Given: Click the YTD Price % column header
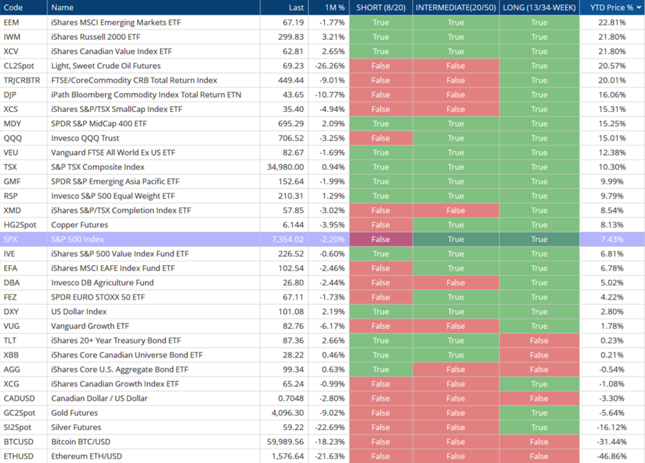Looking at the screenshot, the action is pyautogui.click(x=611, y=7).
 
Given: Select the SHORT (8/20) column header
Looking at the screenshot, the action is pyautogui.click(x=381, y=7).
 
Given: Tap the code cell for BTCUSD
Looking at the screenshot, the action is pyautogui.click(x=19, y=442).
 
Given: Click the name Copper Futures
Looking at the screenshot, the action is pyautogui.click(x=79, y=225).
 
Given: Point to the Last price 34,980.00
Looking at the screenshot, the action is pyautogui.click(x=285, y=167).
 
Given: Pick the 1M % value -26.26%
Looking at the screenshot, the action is pyautogui.click(x=330, y=66).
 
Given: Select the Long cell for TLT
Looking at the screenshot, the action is pyautogui.click(x=539, y=340).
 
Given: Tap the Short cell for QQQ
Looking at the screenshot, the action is pyautogui.click(x=381, y=138).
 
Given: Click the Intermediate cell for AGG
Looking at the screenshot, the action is pyautogui.click(x=456, y=369).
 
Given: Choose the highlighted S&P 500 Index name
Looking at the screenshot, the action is pyautogui.click(x=77, y=239).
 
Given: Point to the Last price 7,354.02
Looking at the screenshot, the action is pyautogui.click(x=288, y=239).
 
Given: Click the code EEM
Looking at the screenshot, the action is pyautogui.click(x=11, y=22).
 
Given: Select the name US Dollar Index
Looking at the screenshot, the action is pyautogui.click(x=79, y=311).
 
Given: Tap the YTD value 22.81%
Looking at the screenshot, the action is pyautogui.click(x=611, y=22).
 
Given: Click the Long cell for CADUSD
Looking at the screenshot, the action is pyautogui.click(x=539, y=399).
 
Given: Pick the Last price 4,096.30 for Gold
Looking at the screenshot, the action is pyautogui.click(x=288, y=413).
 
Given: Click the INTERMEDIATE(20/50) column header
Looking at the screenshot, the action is pyautogui.click(x=456, y=7).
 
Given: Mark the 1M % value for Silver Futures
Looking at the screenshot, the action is pyautogui.click(x=330, y=427).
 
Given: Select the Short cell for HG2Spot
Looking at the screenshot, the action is pyautogui.click(x=381, y=225).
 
